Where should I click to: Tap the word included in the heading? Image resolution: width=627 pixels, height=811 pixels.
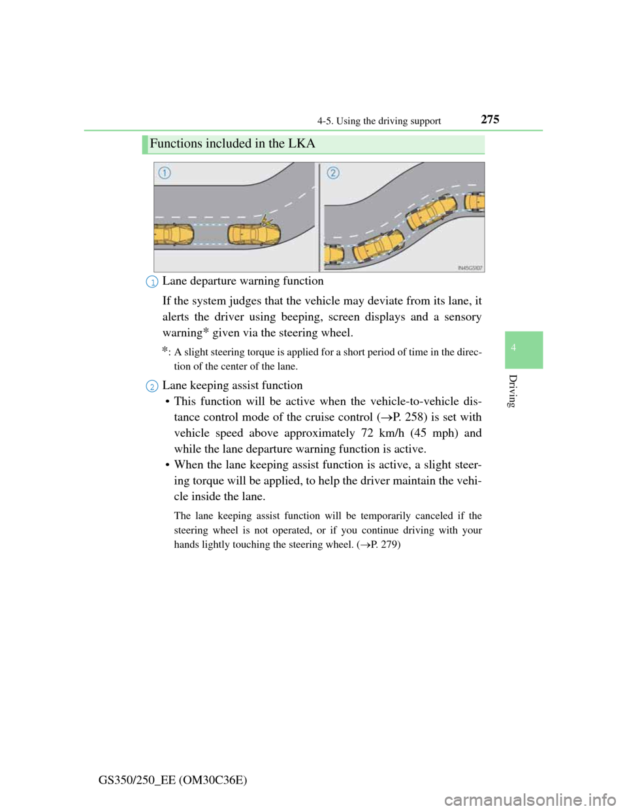pos(225,143)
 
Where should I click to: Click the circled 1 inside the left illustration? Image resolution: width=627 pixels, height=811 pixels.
pos(164,173)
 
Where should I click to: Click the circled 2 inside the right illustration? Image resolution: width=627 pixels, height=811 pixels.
pos(333,173)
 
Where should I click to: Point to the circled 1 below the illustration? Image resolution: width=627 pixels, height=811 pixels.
pos(152,282)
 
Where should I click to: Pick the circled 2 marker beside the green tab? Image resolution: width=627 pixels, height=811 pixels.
pos(152,387)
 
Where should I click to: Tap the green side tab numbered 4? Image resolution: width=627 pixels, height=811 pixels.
pos(523,349)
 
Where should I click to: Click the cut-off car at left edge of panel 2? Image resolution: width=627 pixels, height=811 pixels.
pos(334,254)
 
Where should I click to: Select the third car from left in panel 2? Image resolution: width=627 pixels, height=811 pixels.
pos(431,212)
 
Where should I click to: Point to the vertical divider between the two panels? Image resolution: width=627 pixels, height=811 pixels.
pos(320,216)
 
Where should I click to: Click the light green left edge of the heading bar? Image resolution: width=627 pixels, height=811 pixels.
pos(143,144)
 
